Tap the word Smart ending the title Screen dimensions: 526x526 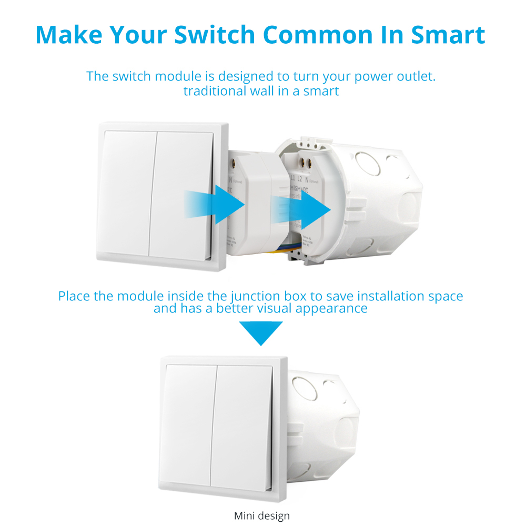click(448, 34)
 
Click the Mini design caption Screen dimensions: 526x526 click(262, 515)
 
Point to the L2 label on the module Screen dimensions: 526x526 click(299, 179)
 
